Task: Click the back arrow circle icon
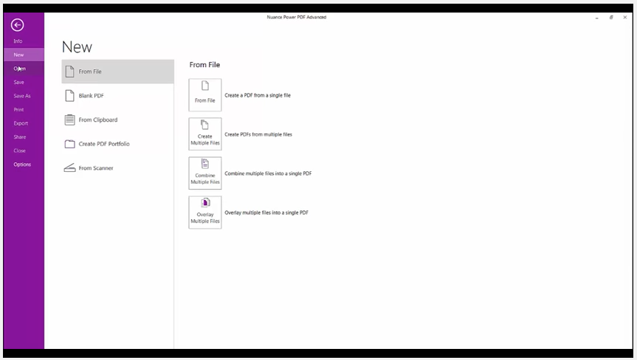click(x=17, y=25)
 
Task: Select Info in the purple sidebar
click(x=18, y=41)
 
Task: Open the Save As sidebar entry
click(x=22, y=96)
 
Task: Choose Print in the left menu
click(x=18, y=110)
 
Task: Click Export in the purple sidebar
click(x=21, y=123)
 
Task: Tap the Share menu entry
click(x=19, y=136)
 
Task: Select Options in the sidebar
click(x=22, y=165)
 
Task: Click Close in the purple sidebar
click(x=19, y=150)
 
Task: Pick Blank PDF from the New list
click(x=91, y=96)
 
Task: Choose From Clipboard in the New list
click(x=98, y=120)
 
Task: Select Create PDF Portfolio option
click(x=104, y=144)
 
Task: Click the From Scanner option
click(x=96, y=168)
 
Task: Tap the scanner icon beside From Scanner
click(x=70, y=167)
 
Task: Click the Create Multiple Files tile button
click(x=205, y=134)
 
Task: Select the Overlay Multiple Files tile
click(x=205, y=212)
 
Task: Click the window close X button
click(x=624, y=17)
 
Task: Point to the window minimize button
click(x=597, y=18)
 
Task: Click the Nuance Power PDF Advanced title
click(x=297, y=17)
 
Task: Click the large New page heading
click(x=78, y=47)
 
